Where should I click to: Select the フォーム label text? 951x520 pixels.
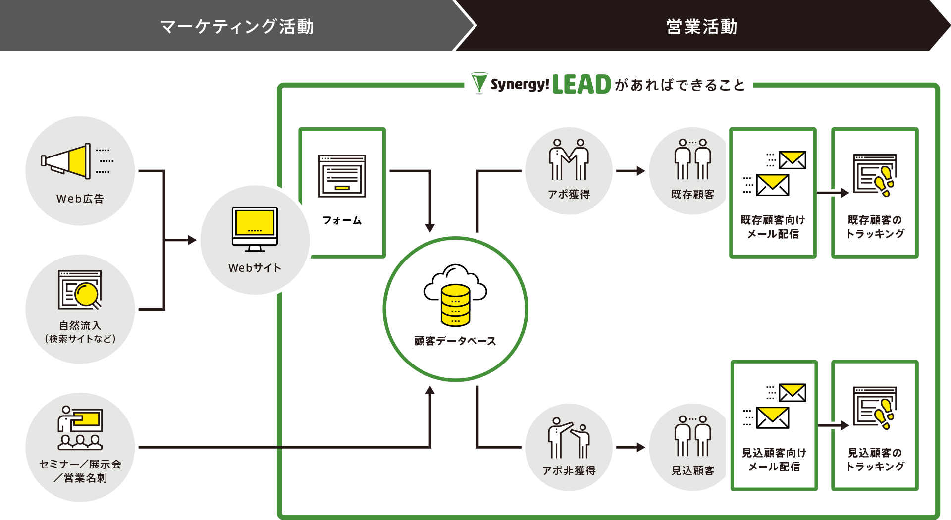click(342, 220)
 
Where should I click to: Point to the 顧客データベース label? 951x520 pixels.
click(455, 341)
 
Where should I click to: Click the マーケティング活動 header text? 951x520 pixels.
click(237, 26)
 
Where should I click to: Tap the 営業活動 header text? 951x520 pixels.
click(701, 26)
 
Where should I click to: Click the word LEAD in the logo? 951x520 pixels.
click(581, 85)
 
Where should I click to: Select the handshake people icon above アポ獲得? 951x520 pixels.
click(569, 159)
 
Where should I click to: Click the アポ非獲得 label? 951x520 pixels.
click(569, 470)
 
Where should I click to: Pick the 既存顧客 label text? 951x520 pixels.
click(692, 194)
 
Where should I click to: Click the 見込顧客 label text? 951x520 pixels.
click(692, 470)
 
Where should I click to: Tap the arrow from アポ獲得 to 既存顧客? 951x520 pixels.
click(631, 171)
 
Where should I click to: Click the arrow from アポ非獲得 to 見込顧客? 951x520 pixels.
click(631, 447)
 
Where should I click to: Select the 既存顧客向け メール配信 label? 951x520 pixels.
click(773, 227)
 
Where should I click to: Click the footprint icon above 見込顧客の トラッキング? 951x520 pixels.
click(885, 414)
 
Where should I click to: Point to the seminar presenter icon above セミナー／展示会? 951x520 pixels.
click(80, 427)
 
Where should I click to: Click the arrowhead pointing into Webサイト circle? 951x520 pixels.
click(192, 240)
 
